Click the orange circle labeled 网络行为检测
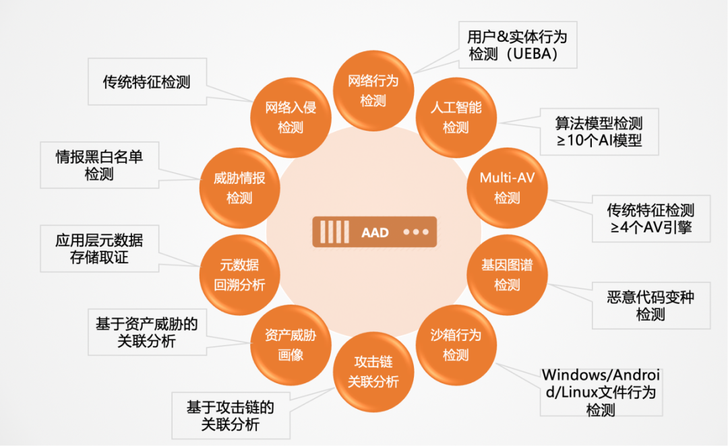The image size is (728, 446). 373,90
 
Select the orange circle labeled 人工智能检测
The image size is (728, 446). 456,117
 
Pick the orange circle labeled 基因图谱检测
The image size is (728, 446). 506,274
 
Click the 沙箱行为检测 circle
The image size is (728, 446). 456,344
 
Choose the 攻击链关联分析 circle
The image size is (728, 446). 373,372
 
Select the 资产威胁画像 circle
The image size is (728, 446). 291,344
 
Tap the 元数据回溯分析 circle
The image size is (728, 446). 239,274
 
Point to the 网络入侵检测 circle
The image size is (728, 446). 291,117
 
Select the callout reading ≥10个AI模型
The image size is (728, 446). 598,131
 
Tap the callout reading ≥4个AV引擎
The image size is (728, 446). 650,218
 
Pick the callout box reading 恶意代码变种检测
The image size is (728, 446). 650,305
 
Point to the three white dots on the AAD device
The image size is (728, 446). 416,232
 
